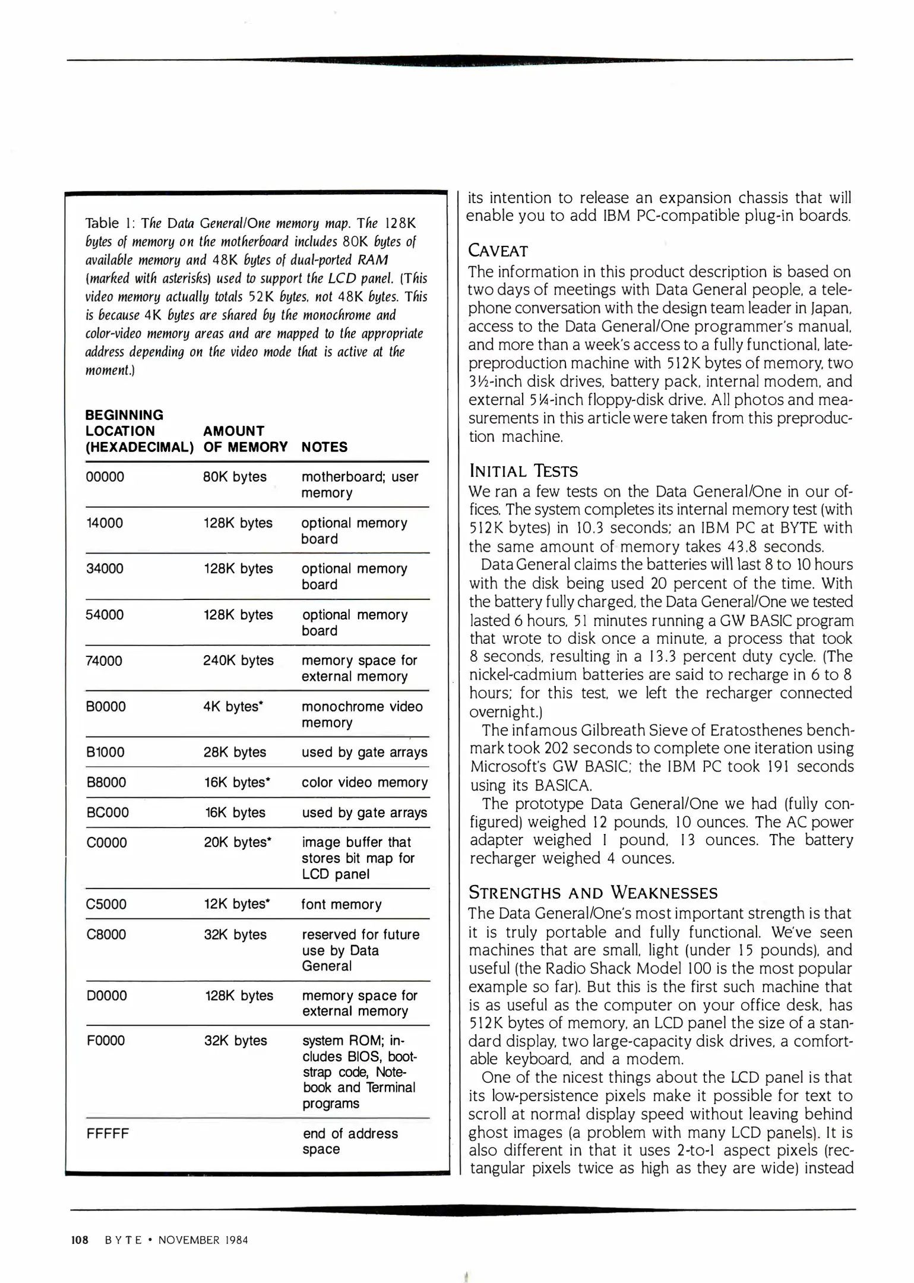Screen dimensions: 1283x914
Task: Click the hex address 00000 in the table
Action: click(105, 476)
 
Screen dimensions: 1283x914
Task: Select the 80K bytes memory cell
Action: click(235, 476)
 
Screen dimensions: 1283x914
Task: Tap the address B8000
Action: click(106, 782)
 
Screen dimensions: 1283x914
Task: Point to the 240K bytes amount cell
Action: click(238, 660)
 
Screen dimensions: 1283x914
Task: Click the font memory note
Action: click(341, 904)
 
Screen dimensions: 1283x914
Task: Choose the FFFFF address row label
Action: click(107, 1133)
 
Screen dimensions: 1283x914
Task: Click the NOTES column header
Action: click(324, 447)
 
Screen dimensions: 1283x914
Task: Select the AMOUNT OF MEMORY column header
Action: click(245, 439)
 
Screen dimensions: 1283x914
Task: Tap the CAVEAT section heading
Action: click(498, 251)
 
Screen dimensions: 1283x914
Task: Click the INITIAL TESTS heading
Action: click(523, 471)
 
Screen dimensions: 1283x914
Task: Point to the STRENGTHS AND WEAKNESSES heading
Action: click(593, 893)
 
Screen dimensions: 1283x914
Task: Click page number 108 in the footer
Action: click(80, 1240)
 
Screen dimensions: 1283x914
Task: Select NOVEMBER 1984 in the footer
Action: click(203, 1240)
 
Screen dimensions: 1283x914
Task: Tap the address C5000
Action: click(106, 904)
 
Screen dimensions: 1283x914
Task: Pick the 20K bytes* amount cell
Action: click(238, 842)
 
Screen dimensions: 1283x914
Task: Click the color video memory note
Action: click(364, 782)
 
